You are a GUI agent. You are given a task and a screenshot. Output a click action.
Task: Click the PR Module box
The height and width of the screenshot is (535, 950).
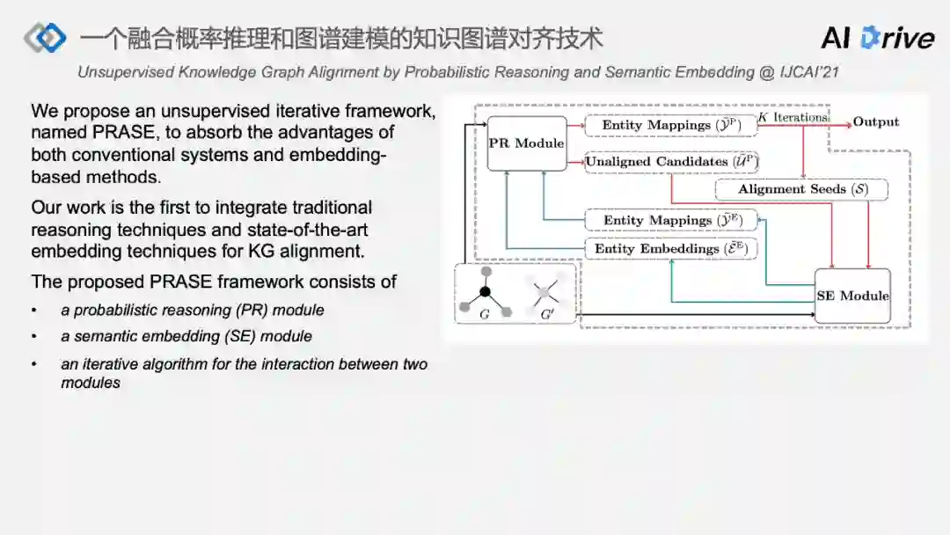pos(527,143)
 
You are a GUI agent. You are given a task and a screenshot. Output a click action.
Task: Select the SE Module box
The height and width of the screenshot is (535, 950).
pos(852,296)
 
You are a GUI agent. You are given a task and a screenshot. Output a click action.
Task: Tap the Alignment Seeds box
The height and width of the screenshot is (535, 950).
pos(800,189)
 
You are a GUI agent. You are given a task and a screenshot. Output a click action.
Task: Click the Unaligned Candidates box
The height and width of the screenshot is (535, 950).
pos(672,162)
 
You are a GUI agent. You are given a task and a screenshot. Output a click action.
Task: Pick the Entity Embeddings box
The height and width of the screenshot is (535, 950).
pos(671,249)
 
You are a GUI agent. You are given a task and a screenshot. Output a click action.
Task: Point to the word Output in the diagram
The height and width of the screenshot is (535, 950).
pos(876,122)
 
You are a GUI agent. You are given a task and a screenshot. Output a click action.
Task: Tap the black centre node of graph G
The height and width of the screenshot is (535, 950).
pos(485,290)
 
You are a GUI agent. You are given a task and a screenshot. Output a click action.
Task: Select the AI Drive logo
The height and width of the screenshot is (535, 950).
pos(877,37)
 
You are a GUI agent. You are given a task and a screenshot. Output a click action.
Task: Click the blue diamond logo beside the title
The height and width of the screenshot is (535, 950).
pos(46,37)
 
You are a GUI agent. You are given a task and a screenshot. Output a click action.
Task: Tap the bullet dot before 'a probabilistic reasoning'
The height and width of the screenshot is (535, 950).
pos(34,311)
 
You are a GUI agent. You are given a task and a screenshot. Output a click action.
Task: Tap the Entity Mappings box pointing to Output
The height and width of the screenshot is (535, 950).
pos(671,125)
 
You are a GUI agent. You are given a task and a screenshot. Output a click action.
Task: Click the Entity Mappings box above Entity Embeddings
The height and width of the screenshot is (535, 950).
pos(671,220)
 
